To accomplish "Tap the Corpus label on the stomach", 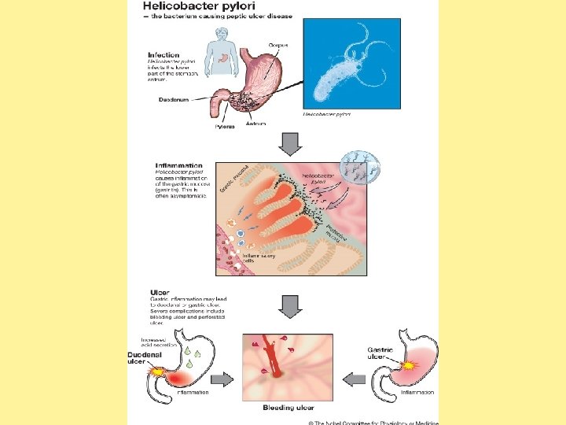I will click(x=278, y=46).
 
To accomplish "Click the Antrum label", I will click(x=256, y=124).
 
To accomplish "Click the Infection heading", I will click(x=164, y=55).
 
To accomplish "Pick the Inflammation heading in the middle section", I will click(x=178, y=165).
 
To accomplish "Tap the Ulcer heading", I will click(x=160, y=292).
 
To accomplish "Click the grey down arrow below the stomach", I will click(x=290, y=144).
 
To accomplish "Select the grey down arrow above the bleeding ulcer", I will click(x=290, y=306).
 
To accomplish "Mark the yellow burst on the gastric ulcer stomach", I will click(x=409, y=365).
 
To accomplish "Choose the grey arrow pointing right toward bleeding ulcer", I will click(x=224, y=379).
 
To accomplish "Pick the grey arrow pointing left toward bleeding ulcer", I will click(x=355, y=379).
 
